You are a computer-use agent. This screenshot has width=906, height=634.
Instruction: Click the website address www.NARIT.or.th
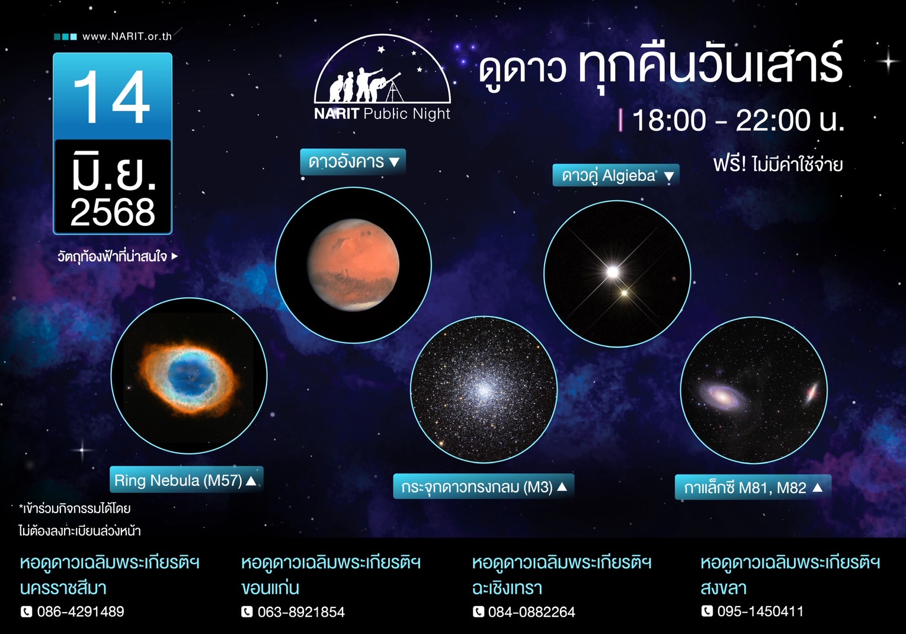click(x=127, y=36)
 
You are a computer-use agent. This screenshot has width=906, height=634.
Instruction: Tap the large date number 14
click(x=112, y=97)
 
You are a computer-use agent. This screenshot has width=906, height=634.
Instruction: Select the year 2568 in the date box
click(x=113, y=212)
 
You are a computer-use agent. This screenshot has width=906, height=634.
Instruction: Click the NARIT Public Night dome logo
click(x=382, y=77)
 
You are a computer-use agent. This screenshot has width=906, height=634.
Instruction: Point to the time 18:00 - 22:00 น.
click(x=738, y=121)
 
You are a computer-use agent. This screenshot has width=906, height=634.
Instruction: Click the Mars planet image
click(x=354, y=265)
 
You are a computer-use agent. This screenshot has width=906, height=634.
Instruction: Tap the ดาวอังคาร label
click(x=353, y=161)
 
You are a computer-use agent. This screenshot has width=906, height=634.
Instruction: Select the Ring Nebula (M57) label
click(x=185, y=480)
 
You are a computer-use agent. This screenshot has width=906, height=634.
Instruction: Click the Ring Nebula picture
click(x=189, y=376)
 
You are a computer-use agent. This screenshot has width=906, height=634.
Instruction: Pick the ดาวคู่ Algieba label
click(x=616, y=175)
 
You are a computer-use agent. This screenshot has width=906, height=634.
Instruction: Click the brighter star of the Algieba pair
click(x=613, y=272)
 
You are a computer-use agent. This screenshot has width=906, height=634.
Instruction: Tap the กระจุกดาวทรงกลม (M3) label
click(x=483, y=487)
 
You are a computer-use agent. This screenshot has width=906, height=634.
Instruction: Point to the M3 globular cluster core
click(x=484, y=390)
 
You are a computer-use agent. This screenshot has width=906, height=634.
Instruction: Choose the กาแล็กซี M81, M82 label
click(x=752, y=488)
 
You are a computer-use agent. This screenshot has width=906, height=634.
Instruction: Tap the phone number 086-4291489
click(x=81, y=611)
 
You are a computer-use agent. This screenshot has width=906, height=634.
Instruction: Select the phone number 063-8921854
click(x=301, y=612)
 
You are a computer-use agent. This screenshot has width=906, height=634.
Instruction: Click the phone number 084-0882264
click(x=532, y=612)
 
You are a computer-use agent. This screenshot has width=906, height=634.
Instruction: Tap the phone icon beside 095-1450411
click(x=707, y=611)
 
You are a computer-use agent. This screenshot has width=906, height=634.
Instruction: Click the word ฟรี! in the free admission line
click(x=729, y=164)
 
